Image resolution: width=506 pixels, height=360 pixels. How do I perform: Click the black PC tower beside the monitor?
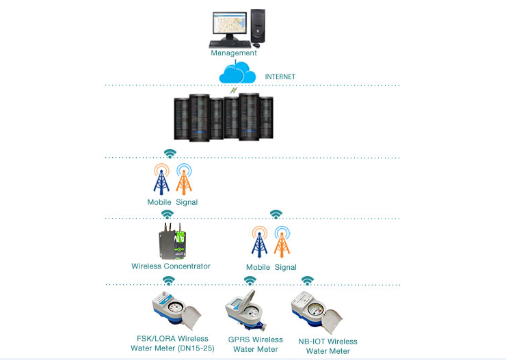(x=258, y=26)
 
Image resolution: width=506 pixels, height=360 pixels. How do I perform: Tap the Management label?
(x=234, y=53)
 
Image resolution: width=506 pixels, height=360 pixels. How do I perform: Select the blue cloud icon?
(x=237, y=72)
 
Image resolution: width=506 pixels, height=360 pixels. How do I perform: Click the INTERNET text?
(x=280, y=77)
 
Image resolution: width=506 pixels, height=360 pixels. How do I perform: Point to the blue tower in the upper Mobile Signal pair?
(x=161, y=180)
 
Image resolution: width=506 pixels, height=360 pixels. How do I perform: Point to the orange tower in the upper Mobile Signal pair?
(x=184, y=180)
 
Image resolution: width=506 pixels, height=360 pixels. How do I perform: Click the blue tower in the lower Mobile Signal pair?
(x=259, y=243)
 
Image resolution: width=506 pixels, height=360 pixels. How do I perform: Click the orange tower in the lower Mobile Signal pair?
(x=282, y=243)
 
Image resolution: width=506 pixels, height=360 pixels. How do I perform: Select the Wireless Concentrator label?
(x=171, y=266)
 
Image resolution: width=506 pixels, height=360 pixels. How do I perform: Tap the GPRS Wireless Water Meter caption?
(x=255, y=344)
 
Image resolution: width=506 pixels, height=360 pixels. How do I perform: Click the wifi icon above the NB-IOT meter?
(x=308, y=281)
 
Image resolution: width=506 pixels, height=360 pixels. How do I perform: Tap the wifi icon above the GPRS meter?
(x=250, y=281)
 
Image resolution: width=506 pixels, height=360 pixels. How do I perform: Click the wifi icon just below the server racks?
(x=170, y=153)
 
